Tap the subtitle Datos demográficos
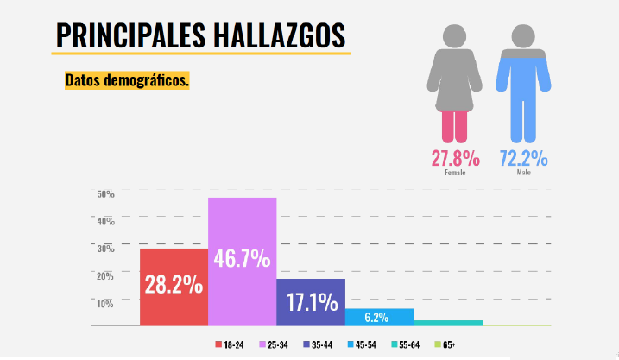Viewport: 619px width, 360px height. tap(127, 80)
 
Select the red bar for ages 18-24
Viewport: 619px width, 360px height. tap(174, 287)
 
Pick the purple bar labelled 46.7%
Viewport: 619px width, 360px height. tap(242, 262)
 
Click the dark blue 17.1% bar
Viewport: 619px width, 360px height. tap(311, 302)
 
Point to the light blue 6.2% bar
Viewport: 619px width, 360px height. tap(379, 317)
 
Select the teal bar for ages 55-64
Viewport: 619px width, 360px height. tap(448, 323)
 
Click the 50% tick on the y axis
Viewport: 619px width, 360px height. tap(105, 194)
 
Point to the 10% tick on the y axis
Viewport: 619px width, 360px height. tap(105, 303)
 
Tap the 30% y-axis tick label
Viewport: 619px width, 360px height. tap(105, 249)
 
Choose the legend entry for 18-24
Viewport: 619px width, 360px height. tap(230, 345)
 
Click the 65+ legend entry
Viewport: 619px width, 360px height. tap(444, 345)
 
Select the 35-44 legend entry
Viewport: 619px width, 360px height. tap(317, 345)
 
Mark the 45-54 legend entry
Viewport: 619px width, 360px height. tap(362, 345)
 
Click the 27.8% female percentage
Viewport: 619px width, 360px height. tap(455, 159)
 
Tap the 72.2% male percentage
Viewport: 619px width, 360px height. tap(524, 159)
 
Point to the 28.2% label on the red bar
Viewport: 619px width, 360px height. tap(174, 285)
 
